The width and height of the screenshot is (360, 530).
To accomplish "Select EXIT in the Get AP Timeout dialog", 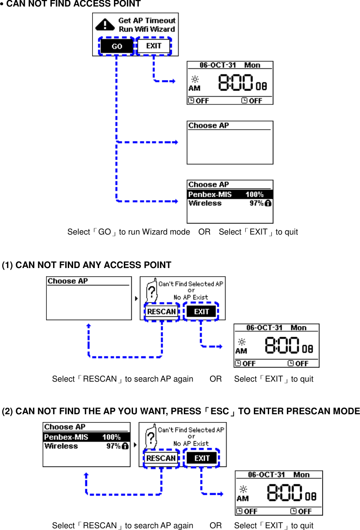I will click(153, 46).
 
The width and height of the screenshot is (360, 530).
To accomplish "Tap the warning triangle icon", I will click(104, 24).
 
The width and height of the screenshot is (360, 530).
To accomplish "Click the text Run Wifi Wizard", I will click(147, 29).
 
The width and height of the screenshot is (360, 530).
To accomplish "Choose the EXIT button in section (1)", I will click(201, 312).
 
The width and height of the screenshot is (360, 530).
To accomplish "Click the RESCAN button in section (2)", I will click(161, 458).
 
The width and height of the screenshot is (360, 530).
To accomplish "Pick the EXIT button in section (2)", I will click(202, 458).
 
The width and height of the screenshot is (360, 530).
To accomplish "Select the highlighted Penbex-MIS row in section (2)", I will click(87, 437).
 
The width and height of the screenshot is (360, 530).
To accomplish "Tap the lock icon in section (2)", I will click(125, 446).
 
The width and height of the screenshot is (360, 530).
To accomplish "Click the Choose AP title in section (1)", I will click(67, 281).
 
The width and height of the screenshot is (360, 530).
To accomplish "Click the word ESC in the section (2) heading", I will click(219, 411).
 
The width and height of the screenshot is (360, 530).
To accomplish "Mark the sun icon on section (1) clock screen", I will click(242, 342).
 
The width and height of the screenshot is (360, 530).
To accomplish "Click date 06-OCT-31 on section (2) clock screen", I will click(266, 475).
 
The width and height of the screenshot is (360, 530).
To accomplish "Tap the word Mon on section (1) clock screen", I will click(298, 328).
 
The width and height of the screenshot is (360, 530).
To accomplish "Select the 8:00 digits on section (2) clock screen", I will click(285, 494).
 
